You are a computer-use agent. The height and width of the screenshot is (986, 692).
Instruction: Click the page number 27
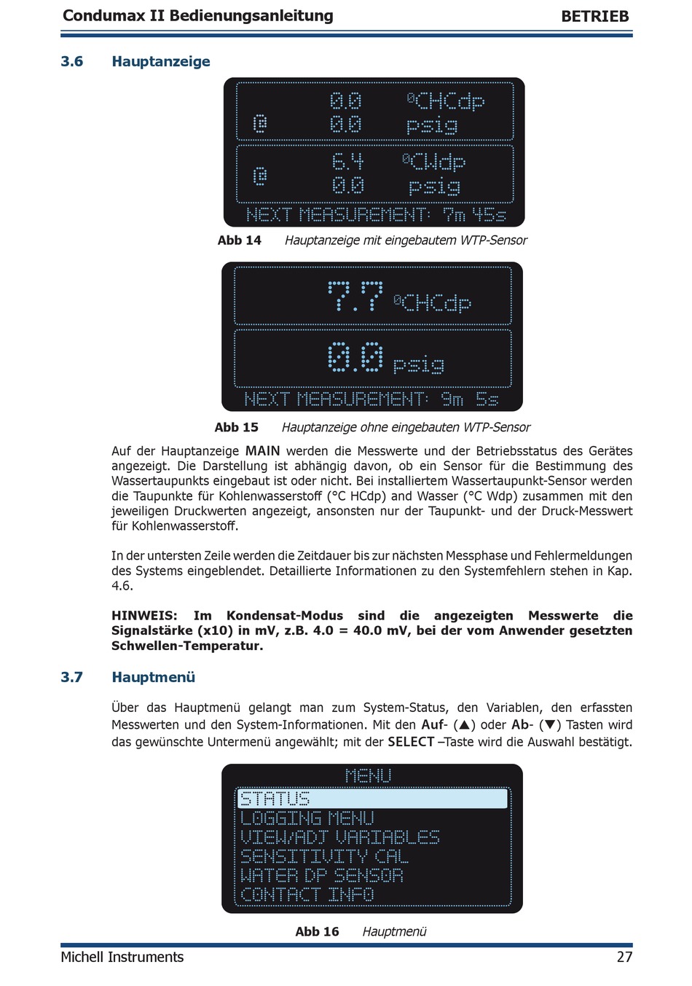pos(624,957)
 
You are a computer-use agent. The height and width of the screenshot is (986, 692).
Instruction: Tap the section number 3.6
pos(72,62)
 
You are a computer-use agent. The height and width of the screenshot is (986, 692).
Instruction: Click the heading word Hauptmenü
pos(153,677)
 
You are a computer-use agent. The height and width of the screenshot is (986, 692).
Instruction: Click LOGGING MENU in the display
pos(307,818)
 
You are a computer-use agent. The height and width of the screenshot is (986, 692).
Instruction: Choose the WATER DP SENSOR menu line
pos(321,875)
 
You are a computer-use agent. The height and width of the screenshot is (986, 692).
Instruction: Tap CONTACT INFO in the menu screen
pos(307,894)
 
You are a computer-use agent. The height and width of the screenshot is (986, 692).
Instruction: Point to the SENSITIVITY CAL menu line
pos(324,856)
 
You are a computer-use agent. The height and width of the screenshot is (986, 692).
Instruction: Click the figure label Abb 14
pos(239,240)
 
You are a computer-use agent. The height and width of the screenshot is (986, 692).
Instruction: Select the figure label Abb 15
pos(236,428)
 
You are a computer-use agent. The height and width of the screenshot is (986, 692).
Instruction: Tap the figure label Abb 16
pos(317,931)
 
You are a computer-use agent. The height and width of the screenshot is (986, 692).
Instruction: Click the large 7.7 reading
pos(355,297)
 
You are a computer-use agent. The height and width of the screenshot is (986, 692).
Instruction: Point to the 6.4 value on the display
pos(347,161)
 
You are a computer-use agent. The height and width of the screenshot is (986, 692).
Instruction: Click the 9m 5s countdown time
pos(470,399)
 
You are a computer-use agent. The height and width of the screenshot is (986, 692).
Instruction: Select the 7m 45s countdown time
pos(474,215)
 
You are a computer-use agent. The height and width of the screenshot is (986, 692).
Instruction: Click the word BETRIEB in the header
pos(594,16)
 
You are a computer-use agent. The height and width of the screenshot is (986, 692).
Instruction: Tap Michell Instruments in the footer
pos(122,957)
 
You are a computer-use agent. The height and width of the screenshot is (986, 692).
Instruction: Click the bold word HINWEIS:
pos(144,616)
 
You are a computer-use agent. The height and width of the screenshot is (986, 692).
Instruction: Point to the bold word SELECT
pos(411,742)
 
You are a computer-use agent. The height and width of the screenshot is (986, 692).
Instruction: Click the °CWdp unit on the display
pos(434,161)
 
